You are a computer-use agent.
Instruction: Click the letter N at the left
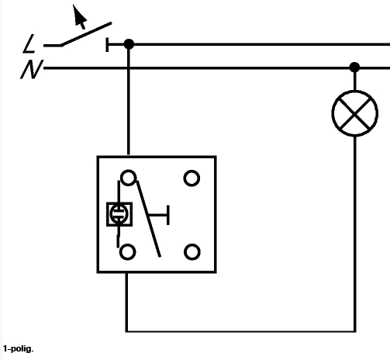(x=31, y=70)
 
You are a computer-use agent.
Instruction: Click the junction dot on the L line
(x=129, y=45)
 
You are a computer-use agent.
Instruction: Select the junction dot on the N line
(x=355, y=67)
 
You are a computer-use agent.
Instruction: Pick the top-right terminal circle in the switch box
(x=192, y=178)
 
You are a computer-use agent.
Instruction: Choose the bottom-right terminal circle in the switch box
(x=192, y=251)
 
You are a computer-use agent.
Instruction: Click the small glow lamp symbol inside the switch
(x=119, y=214)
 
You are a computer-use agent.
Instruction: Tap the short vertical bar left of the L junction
(x=108, y=45)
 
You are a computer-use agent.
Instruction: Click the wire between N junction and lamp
(x=355, y=81)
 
